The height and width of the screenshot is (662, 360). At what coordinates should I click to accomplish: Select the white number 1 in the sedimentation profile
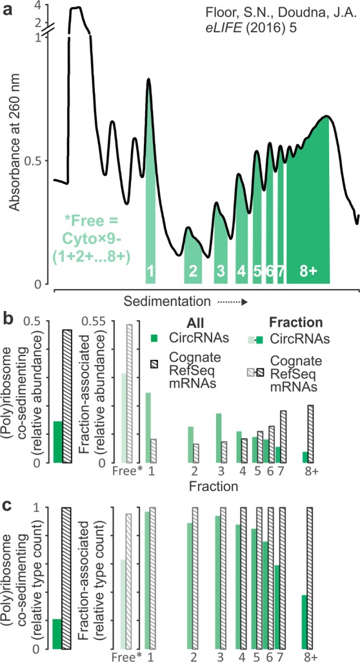pos(150,272)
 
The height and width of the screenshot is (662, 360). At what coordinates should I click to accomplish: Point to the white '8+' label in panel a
pos(308,272)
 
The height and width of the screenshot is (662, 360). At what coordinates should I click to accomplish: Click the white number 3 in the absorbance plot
pos(220,272)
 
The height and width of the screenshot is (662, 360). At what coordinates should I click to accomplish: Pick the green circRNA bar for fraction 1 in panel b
pos(148,427)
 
